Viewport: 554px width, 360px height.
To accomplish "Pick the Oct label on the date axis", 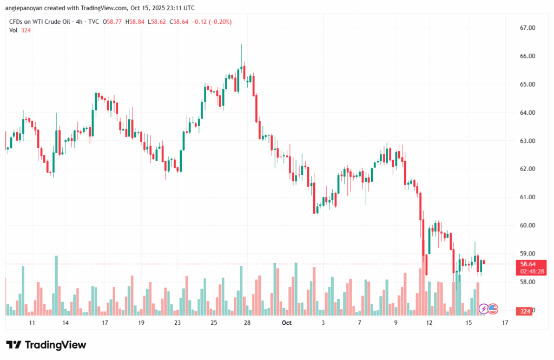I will [x=287, y=323].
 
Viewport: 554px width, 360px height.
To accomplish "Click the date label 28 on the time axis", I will [x=247, y=323].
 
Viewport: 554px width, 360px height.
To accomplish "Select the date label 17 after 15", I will [x=505, y=323].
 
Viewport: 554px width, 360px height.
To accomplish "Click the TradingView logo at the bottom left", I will [x=46, y=345].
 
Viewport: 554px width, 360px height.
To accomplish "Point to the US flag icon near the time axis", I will [x=492, y=309].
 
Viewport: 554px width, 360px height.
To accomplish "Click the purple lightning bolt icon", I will [x=483, y=309].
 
